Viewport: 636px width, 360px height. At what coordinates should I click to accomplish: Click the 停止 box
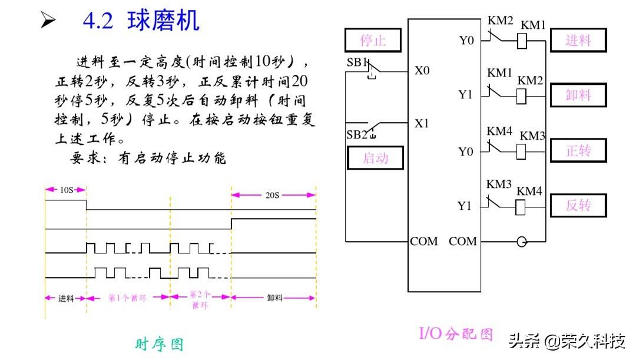[x=373, y=40]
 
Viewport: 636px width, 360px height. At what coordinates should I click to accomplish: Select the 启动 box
[x=376, y=157]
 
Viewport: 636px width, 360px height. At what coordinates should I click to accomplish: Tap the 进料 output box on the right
[x=578, y=40]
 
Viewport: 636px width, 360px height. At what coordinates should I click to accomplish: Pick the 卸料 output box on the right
[x=578, y=95]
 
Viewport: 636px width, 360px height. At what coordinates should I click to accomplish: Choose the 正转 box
[x=578, y=150]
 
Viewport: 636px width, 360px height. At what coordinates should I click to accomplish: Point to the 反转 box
[x=578, y=205]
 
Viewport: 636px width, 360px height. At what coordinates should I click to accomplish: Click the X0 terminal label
[x=422, y=71]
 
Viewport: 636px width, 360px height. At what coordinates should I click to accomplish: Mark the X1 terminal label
[x=422, y=123]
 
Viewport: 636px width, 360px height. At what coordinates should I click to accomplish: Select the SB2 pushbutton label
[x=357, y=134]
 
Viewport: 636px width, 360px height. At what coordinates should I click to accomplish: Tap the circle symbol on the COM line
[x=522, y=242]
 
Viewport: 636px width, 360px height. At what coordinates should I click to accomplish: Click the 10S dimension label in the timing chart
[x=67, y=190]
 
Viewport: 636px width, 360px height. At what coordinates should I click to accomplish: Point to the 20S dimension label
[x=272, y=195]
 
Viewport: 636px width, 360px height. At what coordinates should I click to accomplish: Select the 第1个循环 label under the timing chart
[x=127, y=298]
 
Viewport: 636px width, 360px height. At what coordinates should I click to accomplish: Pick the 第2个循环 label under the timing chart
[x=200, y=299]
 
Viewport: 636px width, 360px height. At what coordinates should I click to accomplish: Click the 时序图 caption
[x=160, y=344]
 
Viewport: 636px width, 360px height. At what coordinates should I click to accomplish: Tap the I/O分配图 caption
[x=456, y=333]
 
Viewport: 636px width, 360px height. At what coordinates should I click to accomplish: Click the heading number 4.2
[x=98, y=21]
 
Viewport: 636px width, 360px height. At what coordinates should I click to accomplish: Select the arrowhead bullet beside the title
[x=48, y=20]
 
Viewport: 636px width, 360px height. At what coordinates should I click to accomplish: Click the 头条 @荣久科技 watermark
[x=567, y=341]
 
